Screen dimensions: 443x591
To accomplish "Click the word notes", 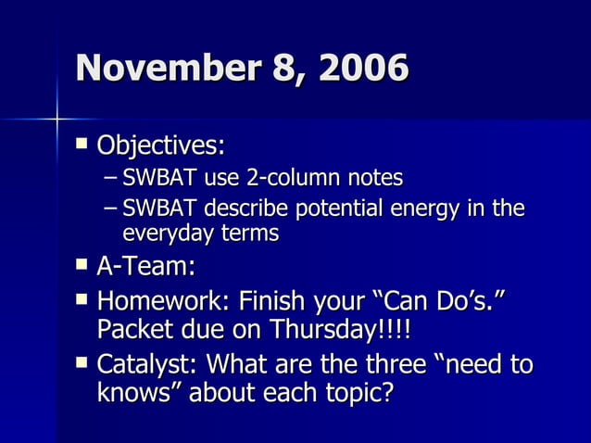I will pos(376,176).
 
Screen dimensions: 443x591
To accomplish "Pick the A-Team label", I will pos(146,267).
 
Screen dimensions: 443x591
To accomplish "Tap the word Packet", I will pos(138,332).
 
